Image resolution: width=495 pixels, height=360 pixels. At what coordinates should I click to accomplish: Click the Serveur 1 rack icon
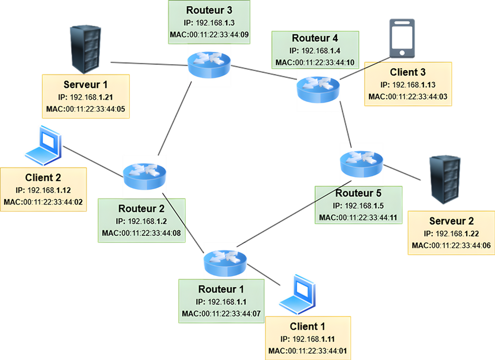click(x=85, y=50)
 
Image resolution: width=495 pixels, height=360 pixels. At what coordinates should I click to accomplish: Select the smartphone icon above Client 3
click(x=402, y=38)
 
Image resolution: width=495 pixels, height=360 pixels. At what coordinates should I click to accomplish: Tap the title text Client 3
click(x=408, y=72)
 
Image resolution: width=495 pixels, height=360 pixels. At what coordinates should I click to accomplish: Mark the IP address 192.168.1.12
click(x=44, y=190)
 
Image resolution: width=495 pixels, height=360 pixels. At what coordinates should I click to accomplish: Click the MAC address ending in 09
click(x=209, y=35)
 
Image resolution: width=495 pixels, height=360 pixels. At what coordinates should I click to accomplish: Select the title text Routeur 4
click(x=315, y=38)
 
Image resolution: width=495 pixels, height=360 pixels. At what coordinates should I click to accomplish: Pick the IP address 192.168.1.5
click(x=359, y=206)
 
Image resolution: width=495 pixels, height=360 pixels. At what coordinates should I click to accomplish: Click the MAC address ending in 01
click(x=307, y=351)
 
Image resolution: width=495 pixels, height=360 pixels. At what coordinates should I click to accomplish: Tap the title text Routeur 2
click(x=141, y=209)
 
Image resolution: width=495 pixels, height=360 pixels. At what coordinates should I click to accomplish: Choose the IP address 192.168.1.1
click(x=221, y=302)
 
